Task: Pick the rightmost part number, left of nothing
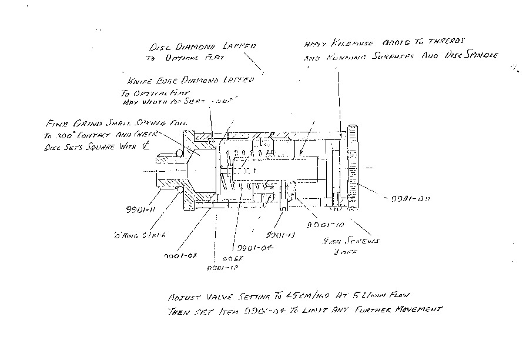click(x=410, y=199)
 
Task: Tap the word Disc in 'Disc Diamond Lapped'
click(x=160, y=46)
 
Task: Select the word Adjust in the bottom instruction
click(x=183, y=298)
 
